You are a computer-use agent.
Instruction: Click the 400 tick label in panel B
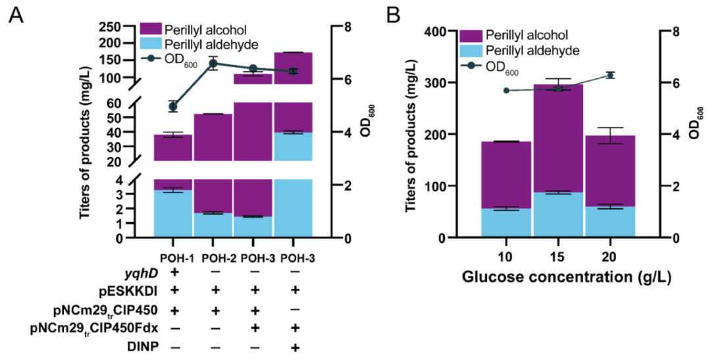pyautogui.click(x=436, y=31)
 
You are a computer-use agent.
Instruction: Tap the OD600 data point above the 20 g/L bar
pyautogui.click(x=610, y=75)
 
